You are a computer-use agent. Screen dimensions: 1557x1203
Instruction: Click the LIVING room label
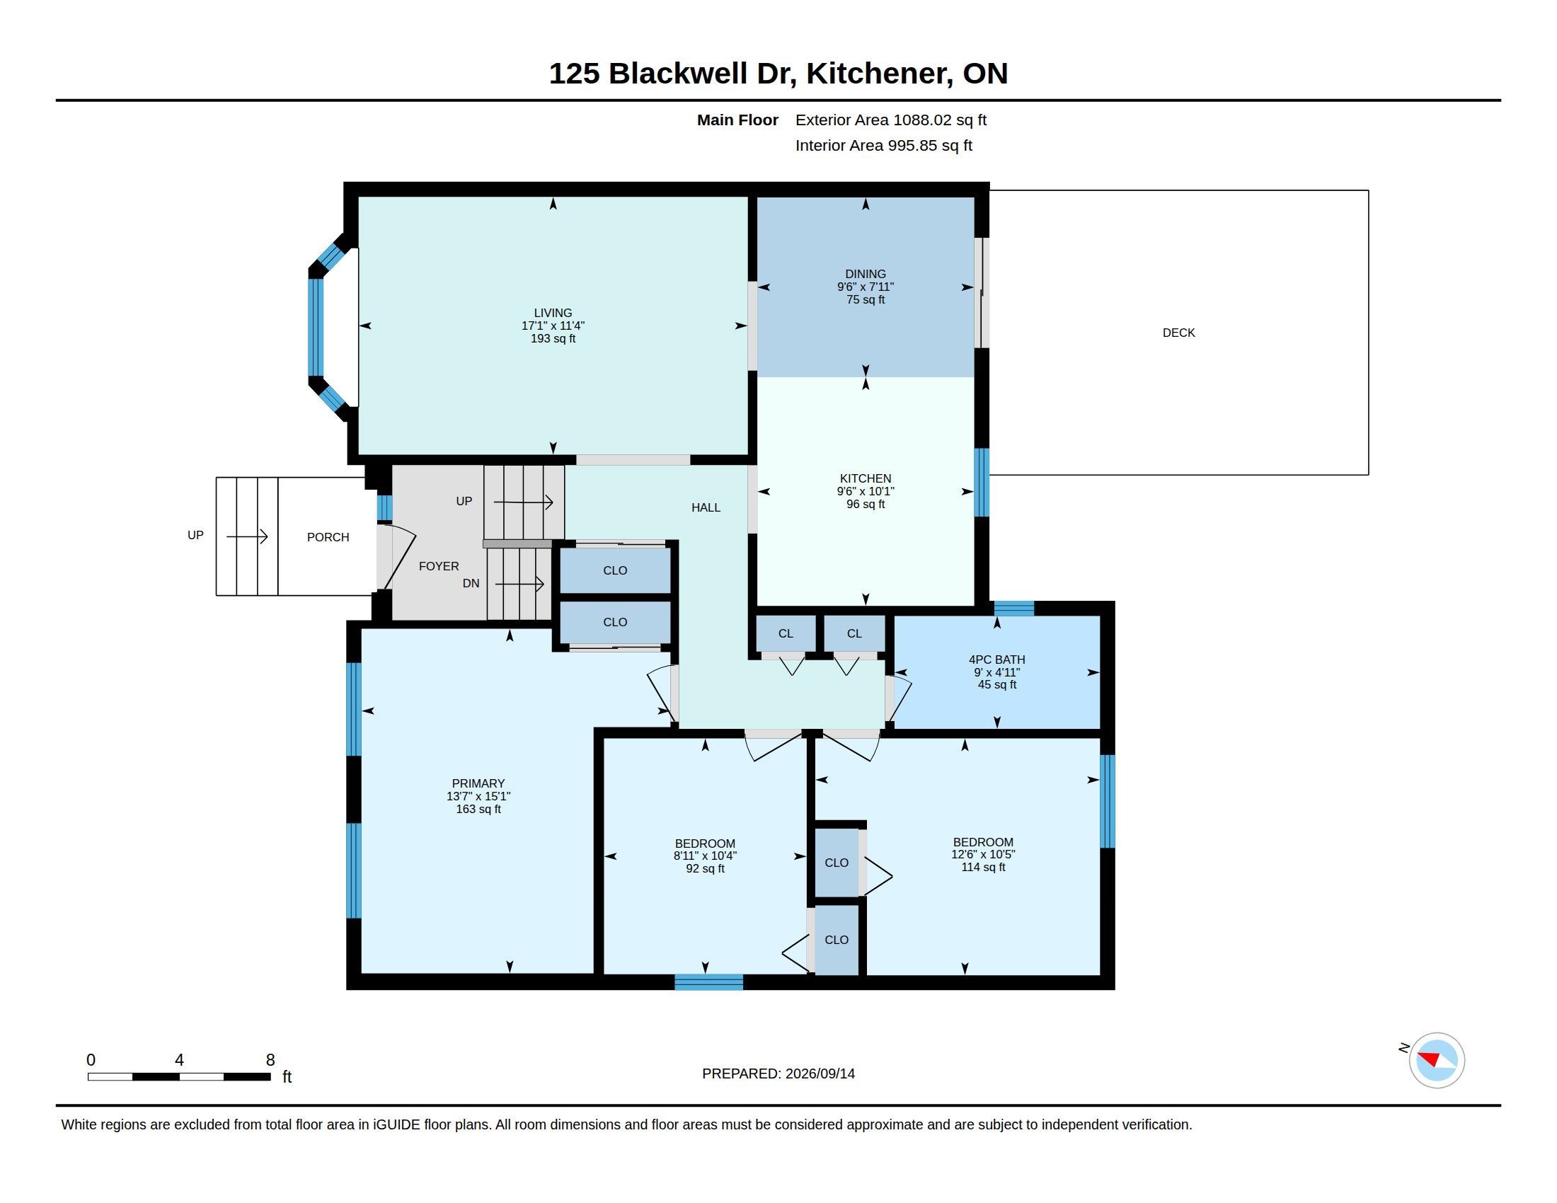click(553, 313)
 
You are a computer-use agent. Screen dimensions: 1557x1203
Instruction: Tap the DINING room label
click(866, 274)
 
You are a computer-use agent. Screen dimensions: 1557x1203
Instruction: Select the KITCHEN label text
click(866, 478)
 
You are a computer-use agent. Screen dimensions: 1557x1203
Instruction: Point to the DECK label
click(1178, 333)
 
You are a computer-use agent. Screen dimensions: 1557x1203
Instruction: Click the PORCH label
click(328, 537)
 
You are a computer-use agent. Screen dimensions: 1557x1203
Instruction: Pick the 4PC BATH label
click(996, 660)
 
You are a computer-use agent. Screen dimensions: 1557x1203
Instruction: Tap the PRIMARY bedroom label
click(478, 783)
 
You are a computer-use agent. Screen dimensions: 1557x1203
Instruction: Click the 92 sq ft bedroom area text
click(705, 869)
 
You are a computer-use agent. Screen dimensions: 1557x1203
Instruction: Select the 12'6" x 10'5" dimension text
click(983, 855)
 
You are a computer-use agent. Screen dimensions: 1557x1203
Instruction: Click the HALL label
click(706, 507)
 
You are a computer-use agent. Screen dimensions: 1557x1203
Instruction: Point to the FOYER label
click(439, 566)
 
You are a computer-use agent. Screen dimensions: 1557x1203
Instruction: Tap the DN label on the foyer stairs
click(471, 583)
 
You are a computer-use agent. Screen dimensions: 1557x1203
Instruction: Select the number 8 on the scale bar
click(270, 1060)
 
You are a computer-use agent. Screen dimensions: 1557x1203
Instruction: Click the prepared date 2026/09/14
click(820, 1074)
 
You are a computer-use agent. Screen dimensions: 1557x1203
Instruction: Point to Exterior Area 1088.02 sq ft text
click(891, 120)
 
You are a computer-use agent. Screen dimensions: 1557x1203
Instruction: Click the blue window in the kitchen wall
click(982, 482)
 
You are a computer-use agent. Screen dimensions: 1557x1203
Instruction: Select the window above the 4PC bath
click(1013, 608)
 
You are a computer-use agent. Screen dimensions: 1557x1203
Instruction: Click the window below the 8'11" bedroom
click(708, 982)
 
